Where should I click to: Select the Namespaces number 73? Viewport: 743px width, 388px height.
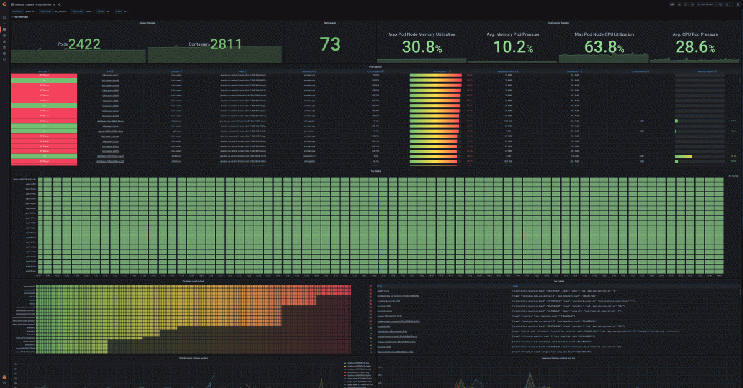[330, 45]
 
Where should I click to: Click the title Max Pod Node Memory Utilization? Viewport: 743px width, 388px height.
[422, 34]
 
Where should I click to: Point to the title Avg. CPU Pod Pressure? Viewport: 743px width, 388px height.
[695, 34]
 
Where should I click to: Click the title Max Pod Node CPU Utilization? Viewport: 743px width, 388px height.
[604, 34]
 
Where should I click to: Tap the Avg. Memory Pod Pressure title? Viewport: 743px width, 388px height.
[514, 34]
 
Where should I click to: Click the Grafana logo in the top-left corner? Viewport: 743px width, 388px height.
[4, 4]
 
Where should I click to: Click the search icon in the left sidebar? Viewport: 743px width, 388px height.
[4, 16]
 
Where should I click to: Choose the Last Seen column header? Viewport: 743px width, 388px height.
[43, 72]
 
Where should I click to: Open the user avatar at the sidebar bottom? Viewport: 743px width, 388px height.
[4, 376]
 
